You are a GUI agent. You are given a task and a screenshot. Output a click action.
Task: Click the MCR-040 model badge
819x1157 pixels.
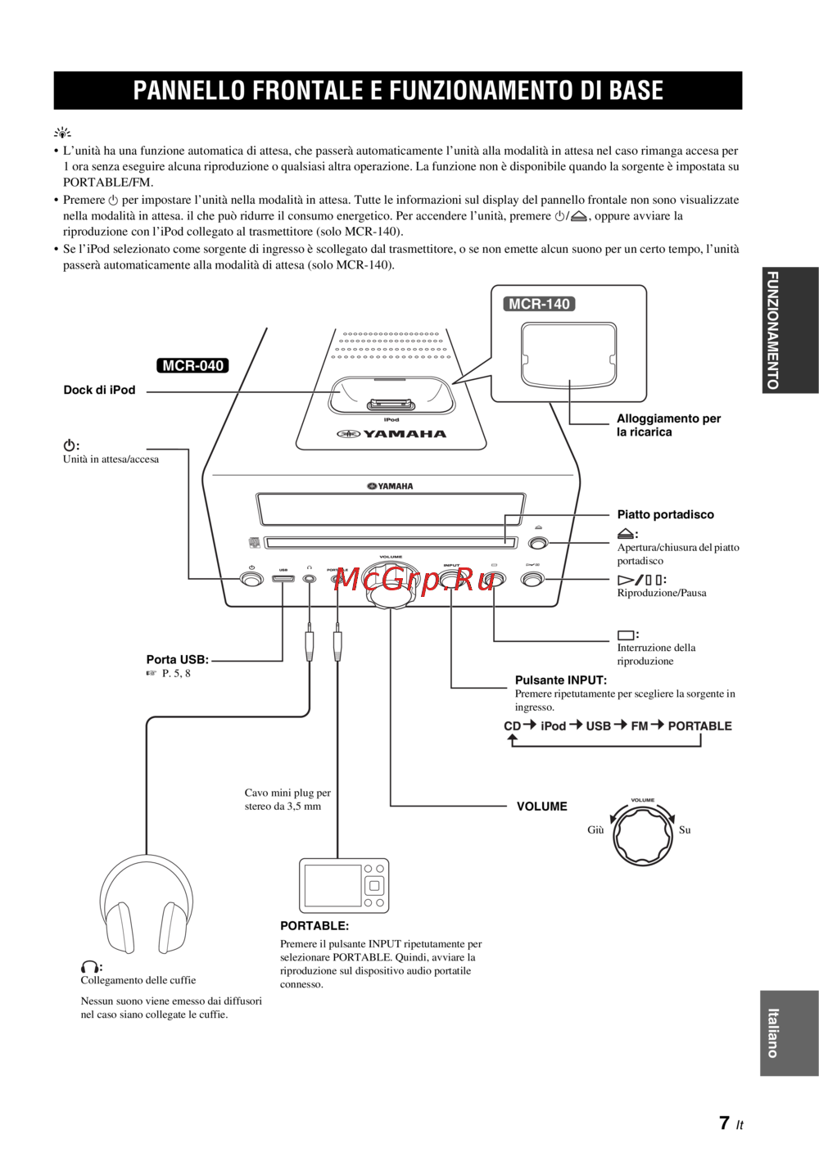pyautogui.click(x=192, y=366)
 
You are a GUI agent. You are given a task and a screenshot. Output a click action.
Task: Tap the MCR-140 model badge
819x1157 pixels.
pyautogui.click(x=539, y=304)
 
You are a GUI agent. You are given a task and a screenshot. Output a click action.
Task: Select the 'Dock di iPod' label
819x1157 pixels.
pyautogui.click(x=99, y=390)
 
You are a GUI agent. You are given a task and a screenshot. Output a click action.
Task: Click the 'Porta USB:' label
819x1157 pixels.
pyautogui.click(x=177, y=659)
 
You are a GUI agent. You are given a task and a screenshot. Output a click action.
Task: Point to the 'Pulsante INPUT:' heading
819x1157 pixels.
pyautogui.click(x=560, y=680)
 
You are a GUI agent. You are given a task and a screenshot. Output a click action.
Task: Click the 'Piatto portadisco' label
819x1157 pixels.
pyautogui.click(x=665, y=514)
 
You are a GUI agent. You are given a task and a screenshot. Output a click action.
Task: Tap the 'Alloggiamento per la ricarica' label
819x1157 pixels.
pyautogui.click(x=668, y=425)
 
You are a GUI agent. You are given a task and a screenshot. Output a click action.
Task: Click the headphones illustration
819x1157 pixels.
pyautogui.click(x=146, y=905)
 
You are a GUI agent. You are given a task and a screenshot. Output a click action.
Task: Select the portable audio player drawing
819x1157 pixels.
pyautogui.click(x=344, y=885)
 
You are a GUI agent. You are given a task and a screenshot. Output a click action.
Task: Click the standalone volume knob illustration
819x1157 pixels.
pyautogui.click(x=643, y=834)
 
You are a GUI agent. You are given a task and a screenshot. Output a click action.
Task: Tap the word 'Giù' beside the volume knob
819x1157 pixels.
pyautogui.click(x=595, y=829)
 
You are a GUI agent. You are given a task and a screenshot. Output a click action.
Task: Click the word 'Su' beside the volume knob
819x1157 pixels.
pyautogui.click(x=685, y=829)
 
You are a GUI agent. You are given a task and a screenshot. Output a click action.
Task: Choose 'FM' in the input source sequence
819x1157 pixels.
pyautogui.click(x=640, y=725)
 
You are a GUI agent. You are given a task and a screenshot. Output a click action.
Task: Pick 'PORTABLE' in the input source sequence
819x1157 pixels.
pyautogui.click(x=699, y=725)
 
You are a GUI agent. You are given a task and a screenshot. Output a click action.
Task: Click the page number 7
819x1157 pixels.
pyautogui.click(x=725, y=1123)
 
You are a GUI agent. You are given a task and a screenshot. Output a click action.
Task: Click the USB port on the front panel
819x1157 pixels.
pyautogui.click(x=283, y=579)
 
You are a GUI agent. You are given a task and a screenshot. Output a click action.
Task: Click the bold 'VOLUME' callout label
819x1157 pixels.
pyautogui.click(x=541, y=807)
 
